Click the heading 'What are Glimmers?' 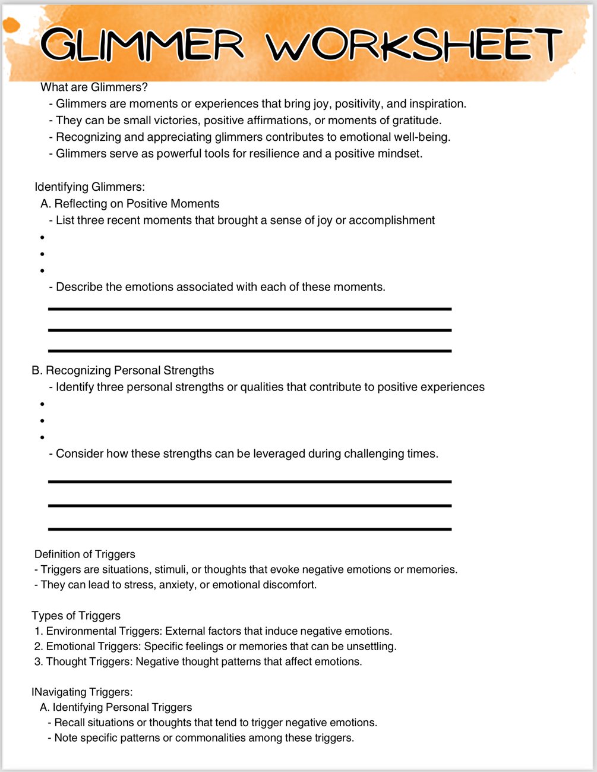pos(94,87)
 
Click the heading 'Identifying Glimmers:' pos(90,187)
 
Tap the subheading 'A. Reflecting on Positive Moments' pos(130,204)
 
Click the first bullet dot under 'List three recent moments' pos(43,238)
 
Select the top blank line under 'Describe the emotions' pos(249,309)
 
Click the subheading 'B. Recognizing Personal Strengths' pos(123,370)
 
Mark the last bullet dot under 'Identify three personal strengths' pos(43,437)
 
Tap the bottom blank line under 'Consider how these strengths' pos(249,528)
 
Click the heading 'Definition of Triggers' pos(85,554)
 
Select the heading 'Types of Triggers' pos(76,616)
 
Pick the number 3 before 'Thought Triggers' pos(37,661)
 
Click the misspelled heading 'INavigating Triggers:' pos(82,692)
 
